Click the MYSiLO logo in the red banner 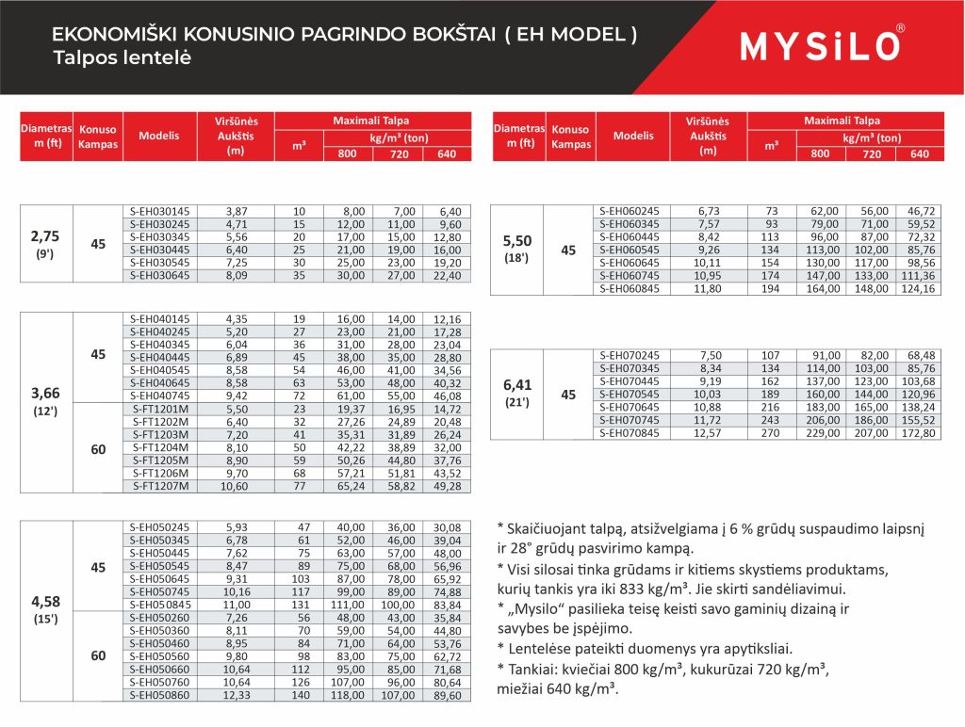click(822, 45)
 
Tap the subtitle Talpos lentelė click(123, 57)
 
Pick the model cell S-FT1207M click(159, 486)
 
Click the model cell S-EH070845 click(630, 433)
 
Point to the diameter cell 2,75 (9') click(45, 243)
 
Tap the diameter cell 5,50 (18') click(518, 250)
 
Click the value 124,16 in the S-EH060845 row click(920, 289)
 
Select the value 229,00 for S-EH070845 click(821, 433)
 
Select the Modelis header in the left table click(159, 136)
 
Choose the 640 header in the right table click(920, 153)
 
